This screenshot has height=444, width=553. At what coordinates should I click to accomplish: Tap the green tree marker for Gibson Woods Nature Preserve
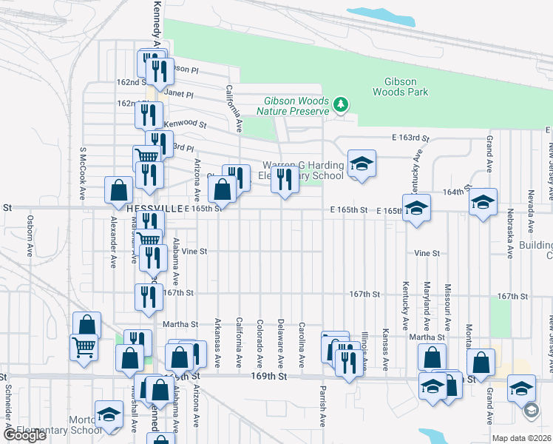341,104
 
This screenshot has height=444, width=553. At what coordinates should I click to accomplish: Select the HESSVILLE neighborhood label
154,209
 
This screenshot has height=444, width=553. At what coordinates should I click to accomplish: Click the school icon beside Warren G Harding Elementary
362,164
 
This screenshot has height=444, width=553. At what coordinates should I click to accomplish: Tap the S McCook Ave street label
84,173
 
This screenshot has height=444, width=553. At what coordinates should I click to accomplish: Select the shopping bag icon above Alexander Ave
118,190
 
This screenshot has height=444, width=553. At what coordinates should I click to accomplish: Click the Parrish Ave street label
323,406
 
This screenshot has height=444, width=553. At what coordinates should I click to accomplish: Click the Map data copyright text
521,438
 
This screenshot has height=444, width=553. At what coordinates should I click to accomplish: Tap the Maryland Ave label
427,306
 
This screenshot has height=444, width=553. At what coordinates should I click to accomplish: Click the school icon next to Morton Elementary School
109,415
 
